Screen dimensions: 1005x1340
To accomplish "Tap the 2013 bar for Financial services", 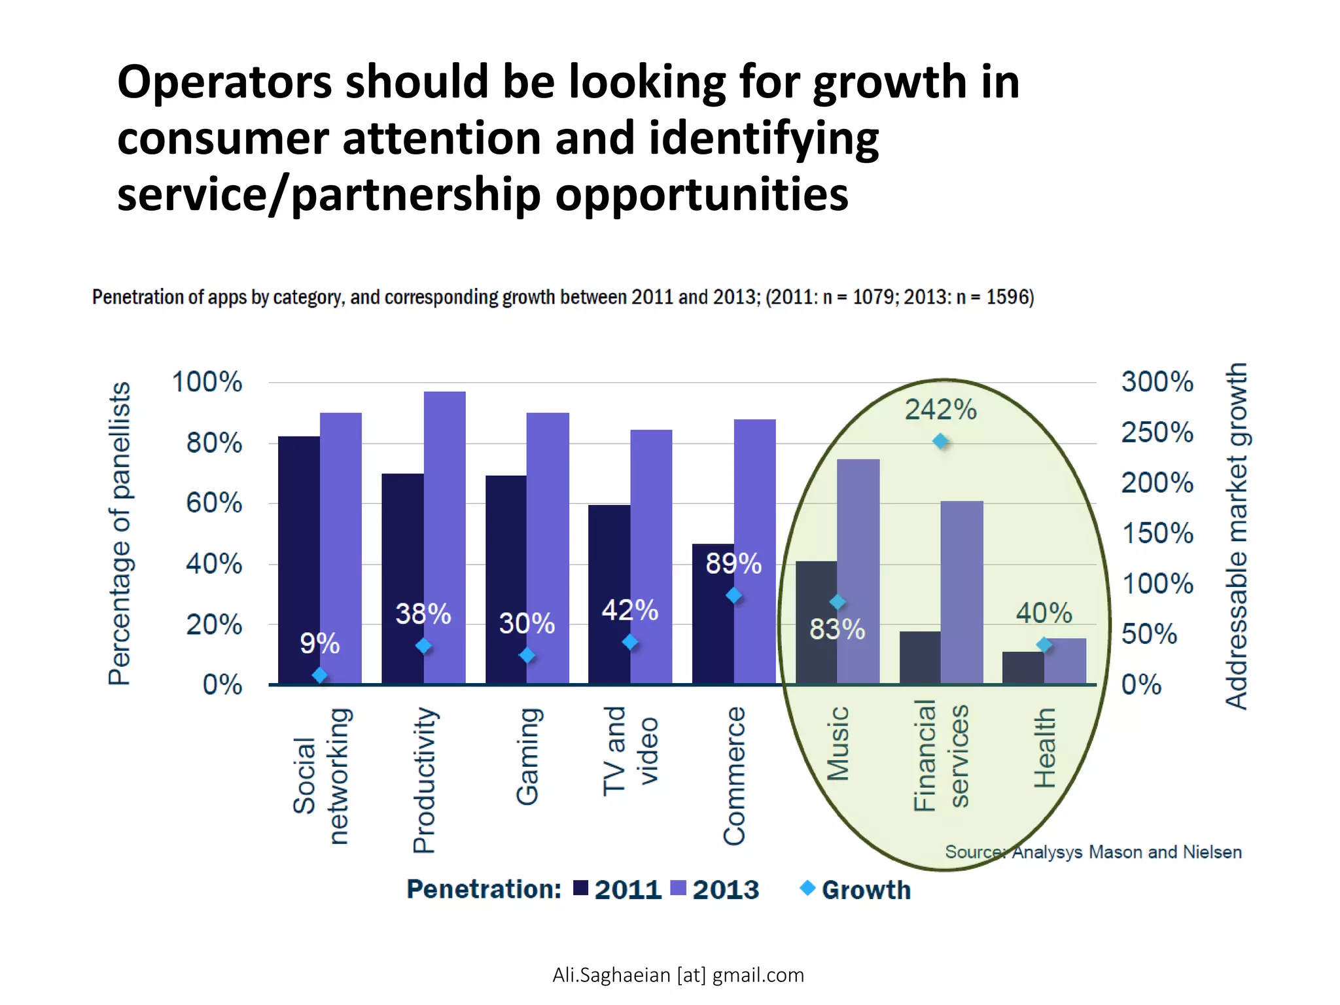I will click(962, 589).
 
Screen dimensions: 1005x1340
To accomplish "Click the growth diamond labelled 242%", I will click(940, 442).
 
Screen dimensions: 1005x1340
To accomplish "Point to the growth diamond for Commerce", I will click(734, 595).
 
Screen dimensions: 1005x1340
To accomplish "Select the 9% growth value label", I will click(319, 643).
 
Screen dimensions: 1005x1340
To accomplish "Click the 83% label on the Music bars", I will click(837, 629).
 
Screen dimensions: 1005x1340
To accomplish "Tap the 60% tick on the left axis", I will click(213, 503).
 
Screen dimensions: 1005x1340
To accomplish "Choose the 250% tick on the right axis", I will click(1157, 432).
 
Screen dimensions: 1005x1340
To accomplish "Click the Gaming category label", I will click(528, 756).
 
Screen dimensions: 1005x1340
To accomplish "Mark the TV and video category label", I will click(629, 750).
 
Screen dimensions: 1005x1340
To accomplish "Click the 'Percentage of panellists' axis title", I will click(120, 533).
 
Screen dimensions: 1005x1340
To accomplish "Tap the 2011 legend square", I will click(580, 888).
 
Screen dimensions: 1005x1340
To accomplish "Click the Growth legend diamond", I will click(807, 888).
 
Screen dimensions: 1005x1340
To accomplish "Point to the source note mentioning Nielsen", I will click(1093, 852).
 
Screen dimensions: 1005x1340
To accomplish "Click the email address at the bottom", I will click(678, 975).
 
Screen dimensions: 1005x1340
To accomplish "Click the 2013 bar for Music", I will click(858, 569).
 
